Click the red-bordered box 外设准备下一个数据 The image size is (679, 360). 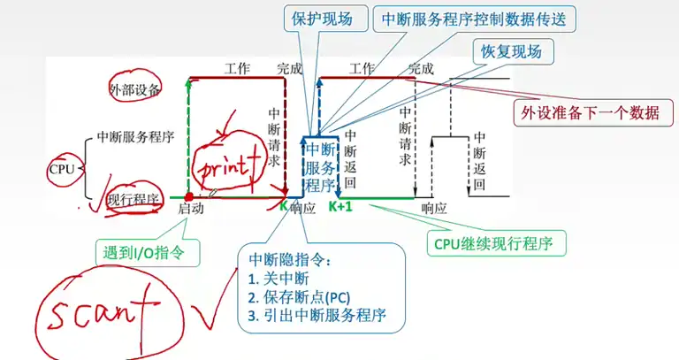[591, 112]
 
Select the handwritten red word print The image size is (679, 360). [228, 165]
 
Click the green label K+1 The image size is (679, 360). [340, 207]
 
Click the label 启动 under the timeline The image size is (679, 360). [191, 209]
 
